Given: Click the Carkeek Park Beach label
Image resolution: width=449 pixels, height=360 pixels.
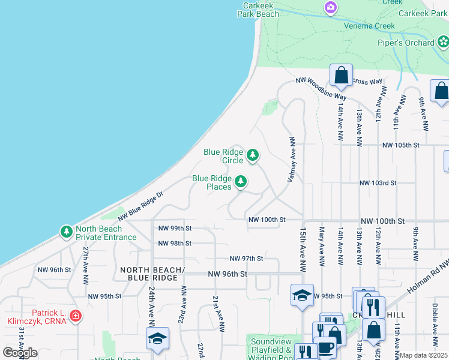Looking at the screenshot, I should (x=258, y=8).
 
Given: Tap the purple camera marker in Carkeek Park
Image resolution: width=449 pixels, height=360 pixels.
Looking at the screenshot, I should (x=330, y=8).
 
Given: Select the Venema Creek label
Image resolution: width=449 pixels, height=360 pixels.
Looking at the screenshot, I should (x=369, y=26).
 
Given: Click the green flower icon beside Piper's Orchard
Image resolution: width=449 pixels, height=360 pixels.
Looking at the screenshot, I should (x=443, y=42).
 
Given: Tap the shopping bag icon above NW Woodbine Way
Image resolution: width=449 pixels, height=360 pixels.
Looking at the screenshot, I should (x=341, y=76).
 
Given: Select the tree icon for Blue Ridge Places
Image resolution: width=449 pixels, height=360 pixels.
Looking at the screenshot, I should (x=241, y=182).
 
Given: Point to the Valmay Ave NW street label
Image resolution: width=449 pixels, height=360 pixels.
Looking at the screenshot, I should (x=292, y=159).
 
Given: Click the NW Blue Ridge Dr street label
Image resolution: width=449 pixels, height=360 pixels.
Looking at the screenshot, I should (x=140, y=206).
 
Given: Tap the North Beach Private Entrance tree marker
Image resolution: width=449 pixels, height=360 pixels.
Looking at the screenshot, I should (x=65, y=232).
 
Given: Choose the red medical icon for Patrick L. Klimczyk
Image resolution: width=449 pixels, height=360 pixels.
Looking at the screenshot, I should (x=75, y=316).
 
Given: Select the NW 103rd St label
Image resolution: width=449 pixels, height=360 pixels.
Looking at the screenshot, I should (x=378, y=183).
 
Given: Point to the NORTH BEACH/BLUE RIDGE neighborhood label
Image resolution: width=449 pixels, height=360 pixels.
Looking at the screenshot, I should (x=148, y=274).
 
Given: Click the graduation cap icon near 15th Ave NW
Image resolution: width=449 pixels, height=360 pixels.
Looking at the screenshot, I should (x=302, y=295).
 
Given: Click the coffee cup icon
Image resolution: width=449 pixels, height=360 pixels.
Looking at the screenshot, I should (x=326, y=347).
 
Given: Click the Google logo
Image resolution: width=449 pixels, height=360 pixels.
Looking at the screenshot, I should (x=20, y=353).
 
